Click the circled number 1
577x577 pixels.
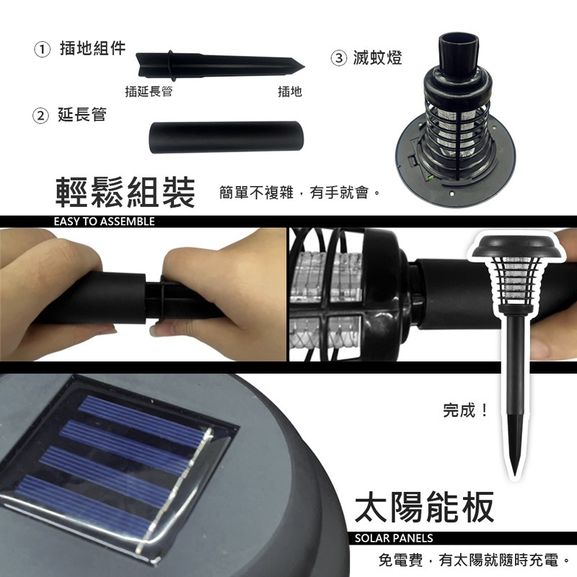click(x=43, y=50)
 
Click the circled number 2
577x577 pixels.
click(x=42, y=115)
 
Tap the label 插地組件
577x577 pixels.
click(x=92, y=48)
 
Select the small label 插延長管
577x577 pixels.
click(x=148, y=92)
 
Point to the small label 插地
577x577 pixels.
click(x=289, y=92)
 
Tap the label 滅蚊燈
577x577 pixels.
click(x=378, y=58)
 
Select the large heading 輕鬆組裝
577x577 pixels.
click(x=125, y=193)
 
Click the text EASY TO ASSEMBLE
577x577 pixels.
click(x=104, y=221)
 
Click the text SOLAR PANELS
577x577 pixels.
click(x=394, y=538)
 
